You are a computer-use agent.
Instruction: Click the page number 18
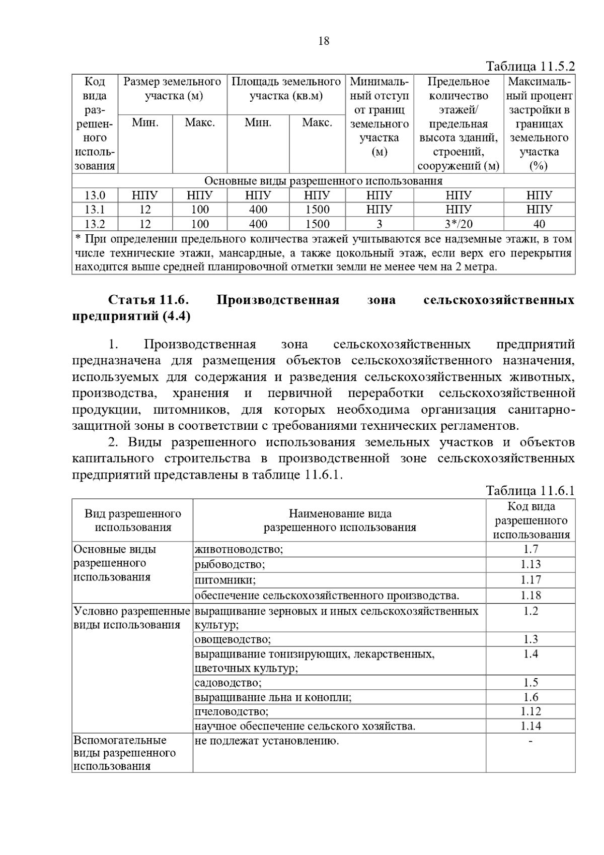click(324, 41)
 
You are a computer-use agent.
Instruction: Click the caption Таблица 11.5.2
click(530, 67)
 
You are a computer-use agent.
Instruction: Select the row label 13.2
click(95, 224)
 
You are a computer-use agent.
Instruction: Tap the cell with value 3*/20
click(459, 224)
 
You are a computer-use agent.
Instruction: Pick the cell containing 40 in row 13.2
click(539, 224)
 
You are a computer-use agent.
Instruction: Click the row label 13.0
click(95, 195)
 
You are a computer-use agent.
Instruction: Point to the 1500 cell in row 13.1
click(317, 210)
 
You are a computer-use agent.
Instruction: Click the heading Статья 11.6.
click(148, 300)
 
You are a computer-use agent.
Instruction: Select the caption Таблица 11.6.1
click(530, 491)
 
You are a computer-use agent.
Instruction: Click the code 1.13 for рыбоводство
click(531, 564)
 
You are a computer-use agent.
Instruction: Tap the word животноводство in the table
click(239, 549)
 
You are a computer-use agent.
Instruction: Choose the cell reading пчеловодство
click(232, 711)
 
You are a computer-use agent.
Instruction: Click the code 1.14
click(531, 726)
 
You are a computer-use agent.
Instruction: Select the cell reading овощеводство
click(233, 639)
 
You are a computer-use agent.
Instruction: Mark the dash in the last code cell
click(531, 741)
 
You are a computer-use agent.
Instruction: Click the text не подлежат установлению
click(267, 741)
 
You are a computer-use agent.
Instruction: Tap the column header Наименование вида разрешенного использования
click(340, 520)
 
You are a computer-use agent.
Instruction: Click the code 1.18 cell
click(531, 596)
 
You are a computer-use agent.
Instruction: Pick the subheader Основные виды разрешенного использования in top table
click(323, 181)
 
